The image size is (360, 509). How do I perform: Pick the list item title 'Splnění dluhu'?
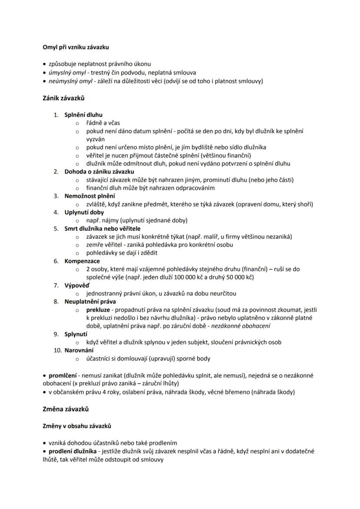(83, 115)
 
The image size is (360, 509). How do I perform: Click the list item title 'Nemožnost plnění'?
(90, 196)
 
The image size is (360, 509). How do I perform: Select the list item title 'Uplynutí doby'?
(84, 212)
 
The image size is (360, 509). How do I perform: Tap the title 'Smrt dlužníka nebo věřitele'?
(103, 228)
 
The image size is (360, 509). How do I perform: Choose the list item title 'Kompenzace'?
(82, 261)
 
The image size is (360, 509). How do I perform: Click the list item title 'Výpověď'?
(77, 285)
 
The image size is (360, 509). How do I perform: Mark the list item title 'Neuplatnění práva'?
(90, 301)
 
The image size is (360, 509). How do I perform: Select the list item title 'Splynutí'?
(77, 334)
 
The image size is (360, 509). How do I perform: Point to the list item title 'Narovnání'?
(79, 350)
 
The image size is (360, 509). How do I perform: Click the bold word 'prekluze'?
(98, 309)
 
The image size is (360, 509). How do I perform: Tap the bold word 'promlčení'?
(62, 375)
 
